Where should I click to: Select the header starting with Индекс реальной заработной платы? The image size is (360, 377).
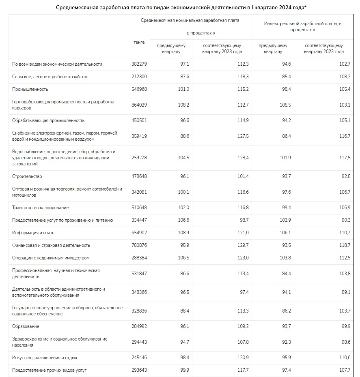coord(302,27)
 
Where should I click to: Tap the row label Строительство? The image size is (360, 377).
coord(27,176)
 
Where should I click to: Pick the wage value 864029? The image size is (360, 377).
coord(140,105)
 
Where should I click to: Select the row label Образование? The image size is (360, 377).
coord(26,326)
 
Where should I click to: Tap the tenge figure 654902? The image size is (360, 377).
coord(140,233)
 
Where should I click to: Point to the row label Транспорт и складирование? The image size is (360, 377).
coord(41,208)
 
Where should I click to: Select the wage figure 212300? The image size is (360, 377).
coord(140,77)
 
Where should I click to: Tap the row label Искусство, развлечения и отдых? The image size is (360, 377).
coord(45,358)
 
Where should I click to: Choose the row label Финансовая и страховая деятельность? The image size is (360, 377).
coord(51,245)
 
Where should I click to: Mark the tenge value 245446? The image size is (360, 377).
coord(140,358)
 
